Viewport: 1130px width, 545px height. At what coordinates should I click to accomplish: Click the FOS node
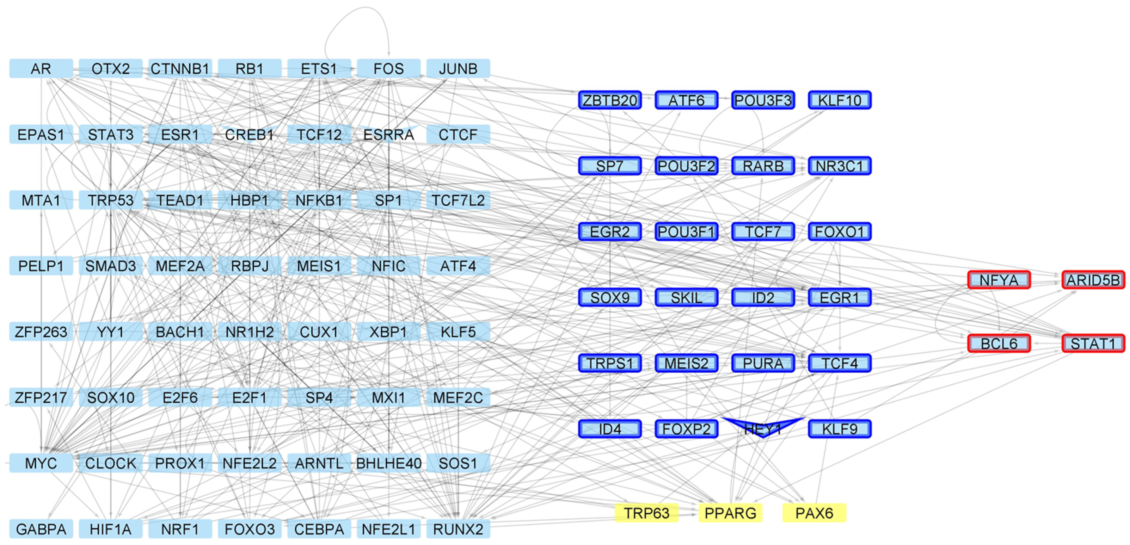[x=389, y=68]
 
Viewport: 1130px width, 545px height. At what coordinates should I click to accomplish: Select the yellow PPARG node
[x=730, y=513]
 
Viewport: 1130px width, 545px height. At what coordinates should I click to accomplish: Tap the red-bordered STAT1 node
[x=1093, y=343]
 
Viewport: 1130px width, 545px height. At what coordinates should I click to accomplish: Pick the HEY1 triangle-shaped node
[x=763, y=427]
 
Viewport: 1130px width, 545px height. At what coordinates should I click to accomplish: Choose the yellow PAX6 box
[x=814, y=513]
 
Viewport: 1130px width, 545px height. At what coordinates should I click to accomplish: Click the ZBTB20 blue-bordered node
[x=610, y=100]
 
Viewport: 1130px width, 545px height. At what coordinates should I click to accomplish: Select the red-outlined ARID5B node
[x=1093, y=280]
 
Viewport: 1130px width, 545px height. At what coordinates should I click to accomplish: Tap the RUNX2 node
[x=458, y=529]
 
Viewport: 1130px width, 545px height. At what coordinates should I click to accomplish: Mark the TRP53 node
[x=111, y=200]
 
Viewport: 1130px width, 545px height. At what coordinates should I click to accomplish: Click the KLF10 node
[x=840, y=100]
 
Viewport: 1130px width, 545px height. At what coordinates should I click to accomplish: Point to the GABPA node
[x=41, y=529]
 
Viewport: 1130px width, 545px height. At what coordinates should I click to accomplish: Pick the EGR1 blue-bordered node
[x=840, y=297]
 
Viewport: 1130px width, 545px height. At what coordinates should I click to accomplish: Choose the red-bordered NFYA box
[x=999, y=280]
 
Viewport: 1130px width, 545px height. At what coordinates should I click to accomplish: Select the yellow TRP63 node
[x=646, y=513]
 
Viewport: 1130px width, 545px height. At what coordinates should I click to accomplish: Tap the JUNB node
[x=458, y=68]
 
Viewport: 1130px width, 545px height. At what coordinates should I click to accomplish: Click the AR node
[x=41, y=68]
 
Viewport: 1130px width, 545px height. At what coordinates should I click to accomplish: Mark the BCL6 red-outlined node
[x=999, y=343]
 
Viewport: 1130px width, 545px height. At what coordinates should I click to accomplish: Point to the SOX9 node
[x=610, y=297]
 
